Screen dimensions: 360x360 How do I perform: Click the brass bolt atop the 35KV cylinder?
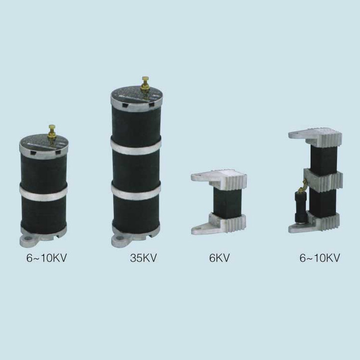(145, 83)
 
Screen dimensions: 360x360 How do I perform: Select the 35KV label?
(144, 258)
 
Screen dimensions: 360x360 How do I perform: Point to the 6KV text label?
(219, 258)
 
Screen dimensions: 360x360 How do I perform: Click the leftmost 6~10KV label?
(47, 258)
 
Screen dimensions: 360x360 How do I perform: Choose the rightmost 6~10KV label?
(320, 258)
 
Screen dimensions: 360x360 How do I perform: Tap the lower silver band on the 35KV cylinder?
(136, 190)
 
